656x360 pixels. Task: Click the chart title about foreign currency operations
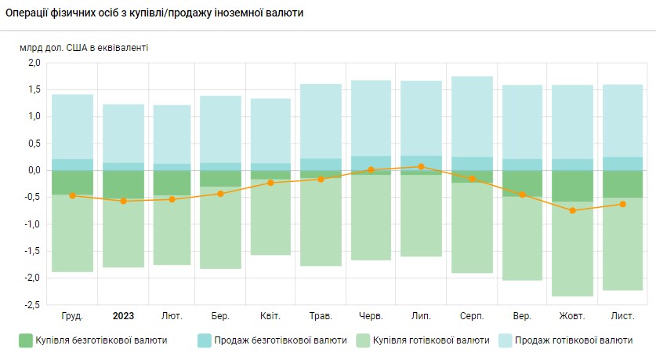point(155,13)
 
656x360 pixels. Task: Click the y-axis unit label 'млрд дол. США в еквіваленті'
point(84,48)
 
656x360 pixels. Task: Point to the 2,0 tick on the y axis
point(33,63)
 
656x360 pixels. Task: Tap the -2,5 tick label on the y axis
point(31,304)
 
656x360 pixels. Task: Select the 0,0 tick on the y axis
point(33,170)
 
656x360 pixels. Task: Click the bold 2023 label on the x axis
point(123,316)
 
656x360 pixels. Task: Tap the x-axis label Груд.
point(72,316)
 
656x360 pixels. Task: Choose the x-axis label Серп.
point(472,316)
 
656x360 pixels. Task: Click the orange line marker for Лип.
point(422,166)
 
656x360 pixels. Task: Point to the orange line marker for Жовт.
point(572,210)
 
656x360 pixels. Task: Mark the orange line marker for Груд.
point(73,195)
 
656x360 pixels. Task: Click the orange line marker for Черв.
point(371,169)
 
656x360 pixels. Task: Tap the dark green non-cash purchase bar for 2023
point(123,184)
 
